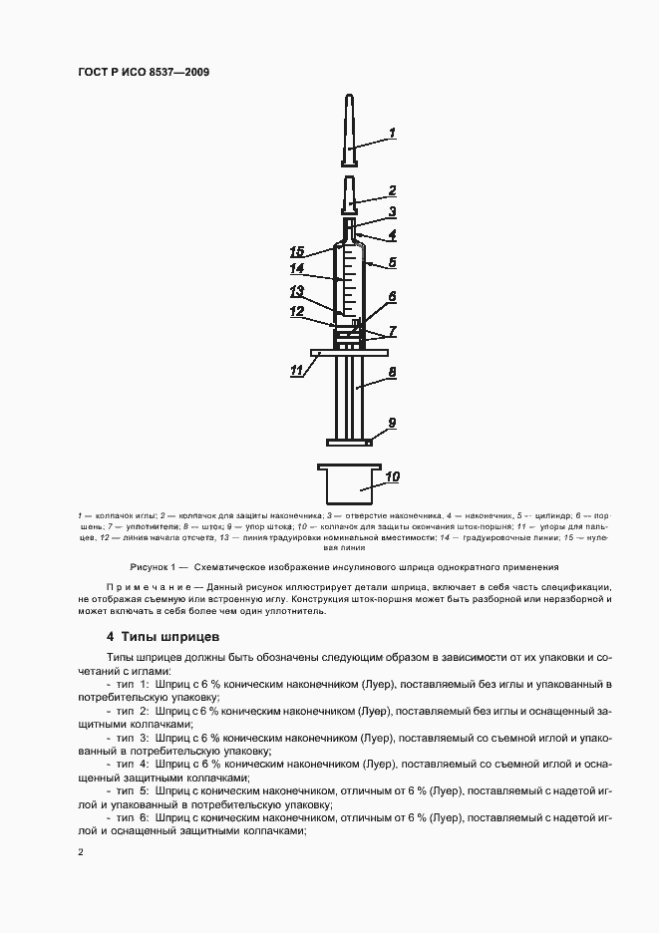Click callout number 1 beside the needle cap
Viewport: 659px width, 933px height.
pos(392,133)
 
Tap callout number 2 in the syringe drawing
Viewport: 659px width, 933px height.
pos(392,189)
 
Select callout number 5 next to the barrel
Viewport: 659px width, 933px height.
pos(393,263)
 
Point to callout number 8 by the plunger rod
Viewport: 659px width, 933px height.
pos(392,371)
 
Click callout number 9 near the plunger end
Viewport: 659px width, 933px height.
pos(392,423)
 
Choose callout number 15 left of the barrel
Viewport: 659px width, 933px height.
pos(296,249)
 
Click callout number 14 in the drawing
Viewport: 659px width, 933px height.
pos(296,268)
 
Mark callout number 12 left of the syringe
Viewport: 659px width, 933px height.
pos(296,311)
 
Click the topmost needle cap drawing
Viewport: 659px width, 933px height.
pos(349,130)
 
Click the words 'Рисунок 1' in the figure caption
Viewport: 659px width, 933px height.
pos(139,566)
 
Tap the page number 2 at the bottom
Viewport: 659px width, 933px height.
pos(79,851)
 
